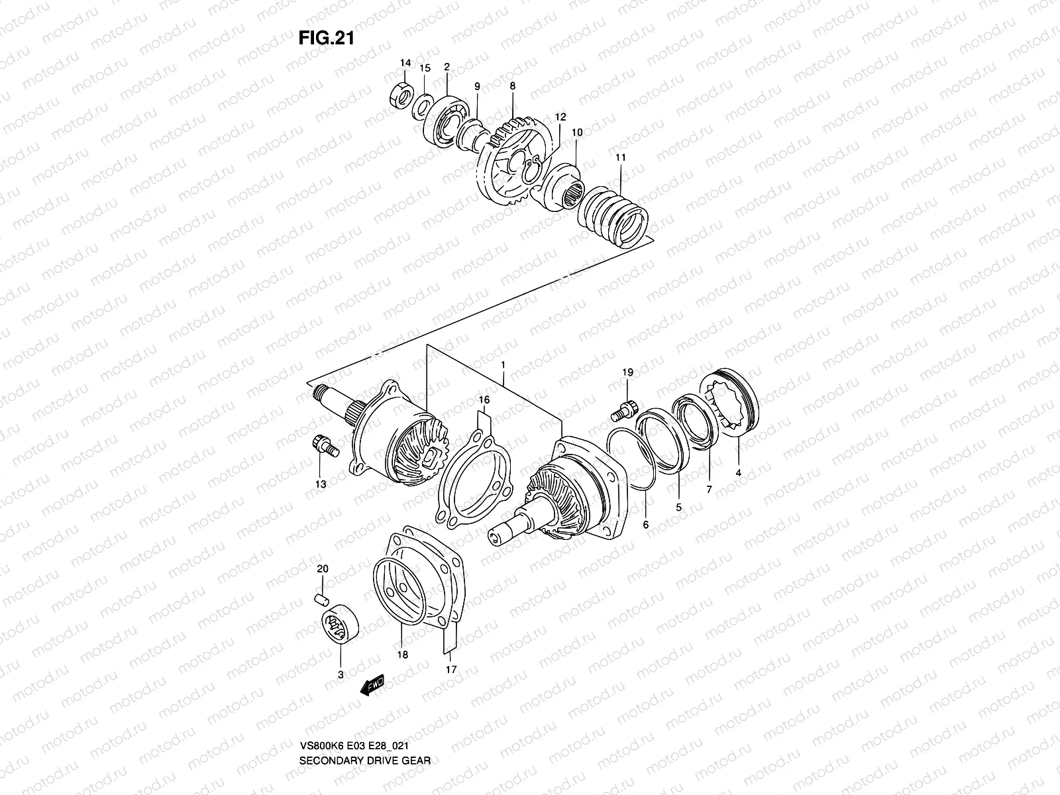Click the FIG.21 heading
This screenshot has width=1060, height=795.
click(327, 38)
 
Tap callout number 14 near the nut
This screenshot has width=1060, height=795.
click(405, 63)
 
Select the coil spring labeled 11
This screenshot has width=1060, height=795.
click(612, 211)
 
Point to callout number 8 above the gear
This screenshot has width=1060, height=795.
click(513, 85)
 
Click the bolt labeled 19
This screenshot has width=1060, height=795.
click(624, 407)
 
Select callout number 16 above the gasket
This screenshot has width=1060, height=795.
click(484, 401)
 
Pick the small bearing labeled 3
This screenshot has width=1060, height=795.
click(339, 625)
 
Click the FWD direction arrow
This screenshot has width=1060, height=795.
click(373, 684)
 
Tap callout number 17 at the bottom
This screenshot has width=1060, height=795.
click(450, 669)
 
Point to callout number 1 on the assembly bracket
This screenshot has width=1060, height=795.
click(503, 365)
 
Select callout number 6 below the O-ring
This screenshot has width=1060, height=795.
click(647, 524)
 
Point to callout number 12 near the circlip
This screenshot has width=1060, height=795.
click(560, 117)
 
